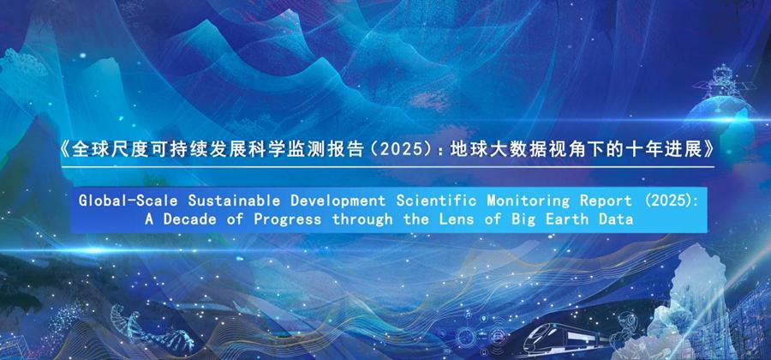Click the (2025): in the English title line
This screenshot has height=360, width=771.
pyautogui.click(x=671, y=201)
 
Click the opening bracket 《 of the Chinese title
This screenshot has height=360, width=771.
pyautogui.click(x=61, y=151)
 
